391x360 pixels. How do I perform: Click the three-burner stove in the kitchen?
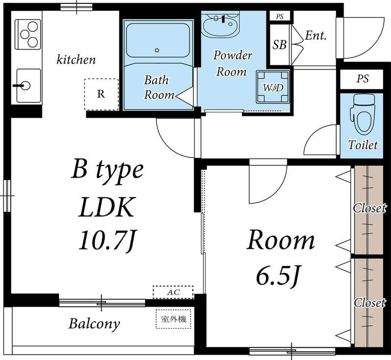point(28,34)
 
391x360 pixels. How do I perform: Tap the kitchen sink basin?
point(28,86)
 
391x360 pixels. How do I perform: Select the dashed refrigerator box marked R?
point(101,94)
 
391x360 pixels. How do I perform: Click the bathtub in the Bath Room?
point(158,41)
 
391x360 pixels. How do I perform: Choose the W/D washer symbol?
point(273,87)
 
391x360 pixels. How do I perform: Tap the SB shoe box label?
point(279,45)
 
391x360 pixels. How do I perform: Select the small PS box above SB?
point(280,17)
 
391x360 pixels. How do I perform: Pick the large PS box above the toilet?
point(362,79)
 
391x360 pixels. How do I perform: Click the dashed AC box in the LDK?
point(173,292)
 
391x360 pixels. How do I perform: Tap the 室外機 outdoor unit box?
point(174,319)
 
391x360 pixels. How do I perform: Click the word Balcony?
point(94,324)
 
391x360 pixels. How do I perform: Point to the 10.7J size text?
point(107,241)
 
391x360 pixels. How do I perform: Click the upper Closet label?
point(369,208)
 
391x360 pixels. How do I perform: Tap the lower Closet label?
point(369,303)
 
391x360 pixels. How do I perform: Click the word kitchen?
point(76,60)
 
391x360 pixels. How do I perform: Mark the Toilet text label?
point(363,145)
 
